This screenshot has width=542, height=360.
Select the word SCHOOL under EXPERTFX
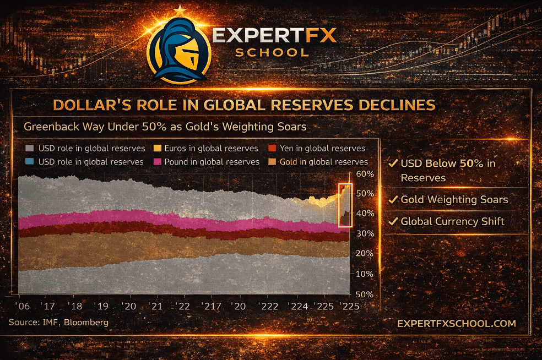point(272,52)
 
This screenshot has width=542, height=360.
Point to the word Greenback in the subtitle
point(49,127)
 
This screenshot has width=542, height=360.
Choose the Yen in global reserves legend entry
point(317,148)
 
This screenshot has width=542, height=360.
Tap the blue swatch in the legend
point(30,162)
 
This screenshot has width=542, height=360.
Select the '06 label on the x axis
point(23,306)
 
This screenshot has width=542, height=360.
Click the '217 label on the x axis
point(210,306)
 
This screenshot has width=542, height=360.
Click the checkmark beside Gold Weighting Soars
point(393,199)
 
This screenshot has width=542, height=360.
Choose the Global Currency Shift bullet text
point(452,221)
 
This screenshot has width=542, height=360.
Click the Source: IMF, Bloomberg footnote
point(58,322)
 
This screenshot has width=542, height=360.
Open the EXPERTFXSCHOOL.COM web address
point(457,324)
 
